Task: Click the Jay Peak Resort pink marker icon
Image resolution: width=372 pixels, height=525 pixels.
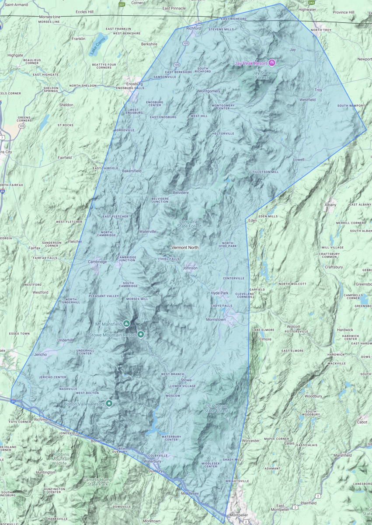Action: [272, 63]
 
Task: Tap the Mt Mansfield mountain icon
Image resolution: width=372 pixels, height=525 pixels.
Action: [126, 324]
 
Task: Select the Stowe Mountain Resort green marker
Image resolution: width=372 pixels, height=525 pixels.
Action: [141, 335]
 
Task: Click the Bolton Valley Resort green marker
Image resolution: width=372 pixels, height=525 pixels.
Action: [109, 403]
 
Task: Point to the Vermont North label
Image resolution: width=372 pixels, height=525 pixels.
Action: [184, 248]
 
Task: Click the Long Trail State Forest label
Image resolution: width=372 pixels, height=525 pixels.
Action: [190, 224]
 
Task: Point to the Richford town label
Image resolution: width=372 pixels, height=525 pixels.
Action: [193, 28]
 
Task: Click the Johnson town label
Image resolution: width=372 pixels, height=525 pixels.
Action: [190, 268]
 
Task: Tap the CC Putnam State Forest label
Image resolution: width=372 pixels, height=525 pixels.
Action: [217, 408]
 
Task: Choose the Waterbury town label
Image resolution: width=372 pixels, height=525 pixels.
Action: [153, 461]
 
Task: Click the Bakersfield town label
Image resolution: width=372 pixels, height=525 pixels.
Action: [132, 171]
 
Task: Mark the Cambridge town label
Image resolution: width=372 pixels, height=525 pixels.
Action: [97, 262]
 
